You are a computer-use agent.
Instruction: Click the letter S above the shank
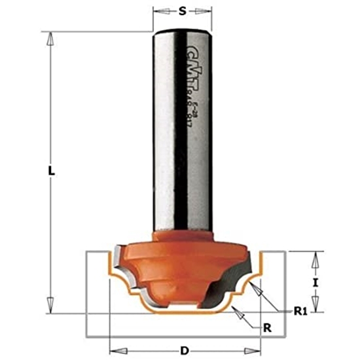pyautogui.click(x=183, y=11)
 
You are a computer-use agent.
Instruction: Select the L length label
pyautogui.click(x=52, y=171)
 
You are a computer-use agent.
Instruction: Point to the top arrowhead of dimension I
pyautogui.click(x=315, y=257)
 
